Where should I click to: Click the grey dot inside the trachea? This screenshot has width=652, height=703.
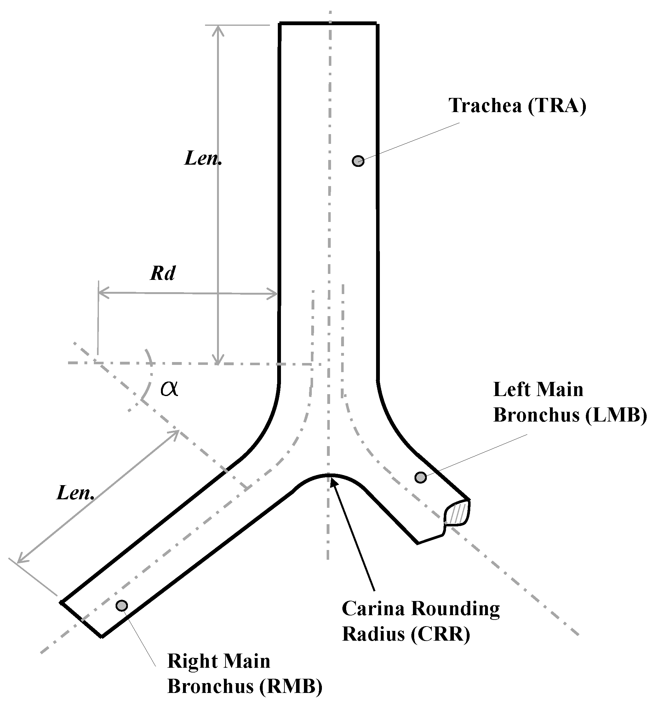[358, 161]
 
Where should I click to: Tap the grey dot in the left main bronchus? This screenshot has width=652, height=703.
[420, 477]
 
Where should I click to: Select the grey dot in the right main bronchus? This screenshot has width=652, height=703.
[122, 605]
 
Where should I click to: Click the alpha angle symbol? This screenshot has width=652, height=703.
[169, 389]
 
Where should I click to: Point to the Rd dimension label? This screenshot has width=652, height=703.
[163, 273]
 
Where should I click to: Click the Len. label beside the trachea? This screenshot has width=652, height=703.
[203, 158]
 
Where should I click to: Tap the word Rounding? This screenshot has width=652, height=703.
[455, 609]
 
